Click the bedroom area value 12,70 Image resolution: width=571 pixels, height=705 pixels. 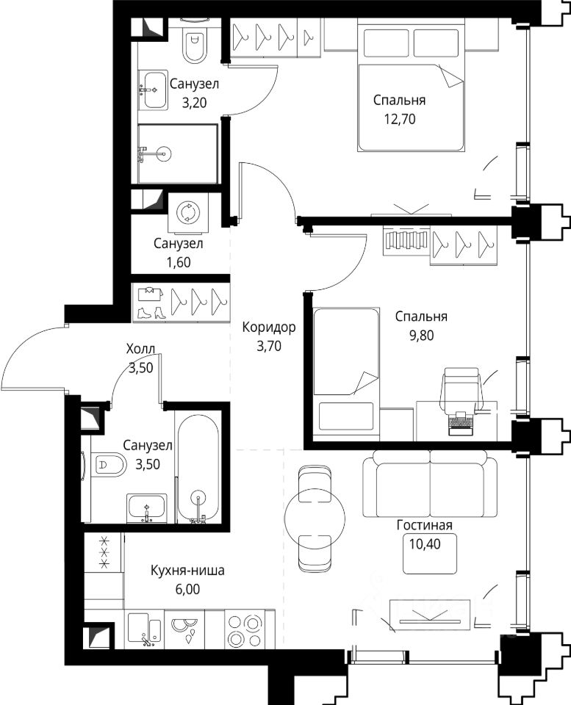click(x=400, y=119)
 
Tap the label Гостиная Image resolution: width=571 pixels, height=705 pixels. click(x=424, y=524)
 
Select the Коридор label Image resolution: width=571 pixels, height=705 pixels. click(x=269, y=327)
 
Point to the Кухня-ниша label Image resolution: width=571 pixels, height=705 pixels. click(x=187, y=571)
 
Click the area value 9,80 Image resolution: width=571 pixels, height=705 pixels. click(x=421, y=336)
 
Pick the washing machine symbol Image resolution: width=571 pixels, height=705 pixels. click(x=186, y=212)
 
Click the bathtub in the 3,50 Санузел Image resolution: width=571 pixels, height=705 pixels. click(x=198, y=467)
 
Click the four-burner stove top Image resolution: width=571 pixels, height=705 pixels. click(x=244, y=629)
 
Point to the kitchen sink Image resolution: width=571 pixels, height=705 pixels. click(x=145, y=629)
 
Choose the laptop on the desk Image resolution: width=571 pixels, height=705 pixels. click(x=462, y=423)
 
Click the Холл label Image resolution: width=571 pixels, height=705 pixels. click(x=141, y=348)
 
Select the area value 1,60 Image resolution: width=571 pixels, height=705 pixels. click(x=178, y=263)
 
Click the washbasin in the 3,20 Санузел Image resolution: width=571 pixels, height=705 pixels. click(x=153, y=90)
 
